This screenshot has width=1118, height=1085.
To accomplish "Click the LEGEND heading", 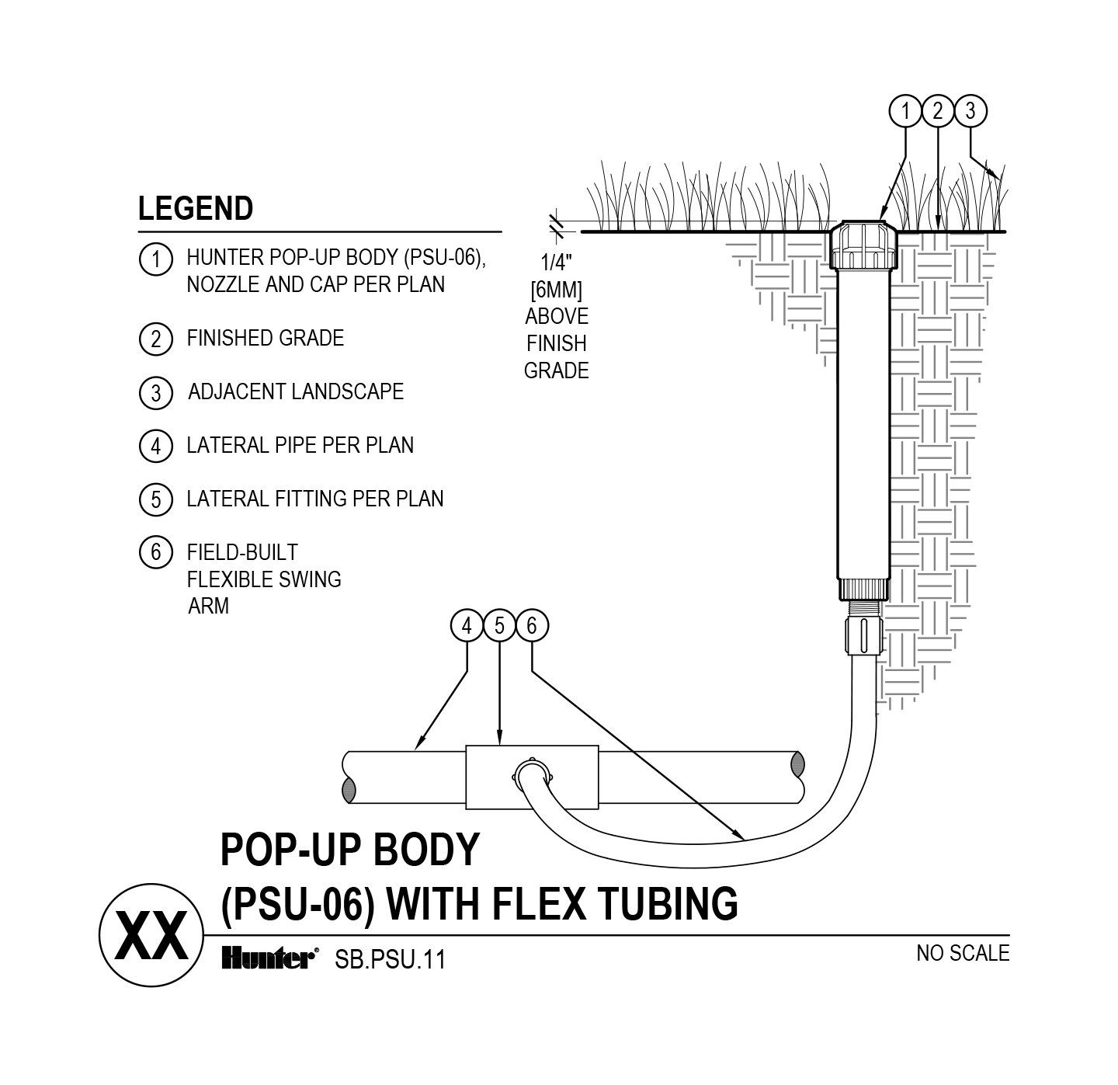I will pos(196,209).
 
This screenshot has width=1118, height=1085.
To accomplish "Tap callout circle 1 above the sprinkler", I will pos(905,112).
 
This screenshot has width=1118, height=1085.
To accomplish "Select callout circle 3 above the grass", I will pos(970,112).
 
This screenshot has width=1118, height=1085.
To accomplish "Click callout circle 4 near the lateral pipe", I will pos(467,626).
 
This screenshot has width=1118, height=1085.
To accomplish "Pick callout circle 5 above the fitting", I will pos(499,626).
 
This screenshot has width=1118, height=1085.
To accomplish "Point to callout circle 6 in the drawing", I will pos(532,626).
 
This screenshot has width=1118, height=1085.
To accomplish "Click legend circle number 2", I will pos(155,339).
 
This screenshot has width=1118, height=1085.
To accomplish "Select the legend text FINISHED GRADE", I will pos(265,339).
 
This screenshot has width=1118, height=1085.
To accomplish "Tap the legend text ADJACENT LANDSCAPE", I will pos(295,391).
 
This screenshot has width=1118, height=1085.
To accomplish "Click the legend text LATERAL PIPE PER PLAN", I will pos(300,445).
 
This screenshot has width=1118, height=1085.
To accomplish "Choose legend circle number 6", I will pos(155,552).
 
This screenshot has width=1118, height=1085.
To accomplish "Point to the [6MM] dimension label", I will pos(556,290).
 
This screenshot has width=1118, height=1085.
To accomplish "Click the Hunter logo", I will pos(268,959).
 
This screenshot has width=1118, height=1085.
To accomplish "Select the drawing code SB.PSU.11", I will pos(390,960).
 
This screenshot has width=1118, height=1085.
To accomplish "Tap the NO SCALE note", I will pos(963,953).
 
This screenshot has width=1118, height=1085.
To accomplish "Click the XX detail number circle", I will pos(151,936).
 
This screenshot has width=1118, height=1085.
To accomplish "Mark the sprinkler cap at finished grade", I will pos(863,245).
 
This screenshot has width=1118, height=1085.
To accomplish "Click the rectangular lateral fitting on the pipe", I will pos(532,777).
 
